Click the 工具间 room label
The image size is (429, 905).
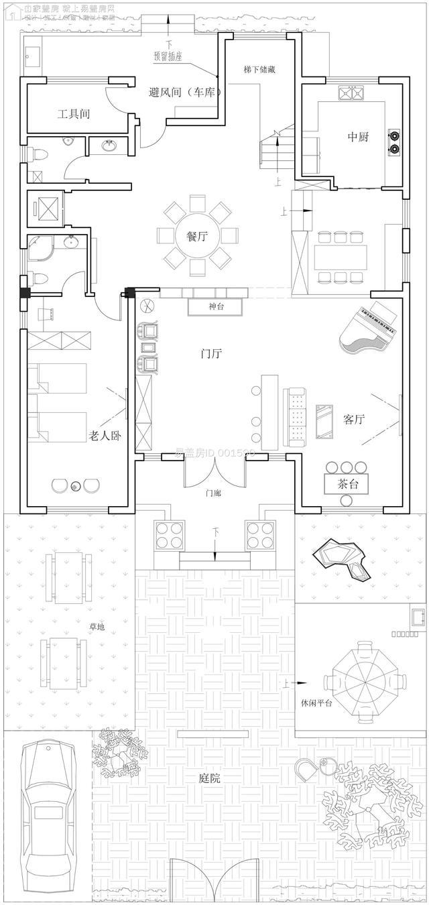[74, 114]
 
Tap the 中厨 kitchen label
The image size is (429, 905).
[358, 137]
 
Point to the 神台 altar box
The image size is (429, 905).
[216, 307]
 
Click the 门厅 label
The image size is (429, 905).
[212, 355]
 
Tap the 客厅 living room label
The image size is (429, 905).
[354, 420]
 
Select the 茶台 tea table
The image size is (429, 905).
[349, 483]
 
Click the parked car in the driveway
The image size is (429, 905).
[48, 818]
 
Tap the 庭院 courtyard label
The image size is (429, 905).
[210, 778]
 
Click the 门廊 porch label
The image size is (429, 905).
[214, 493]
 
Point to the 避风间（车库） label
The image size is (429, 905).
[185, 93]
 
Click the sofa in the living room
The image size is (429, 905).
[295, 416]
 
